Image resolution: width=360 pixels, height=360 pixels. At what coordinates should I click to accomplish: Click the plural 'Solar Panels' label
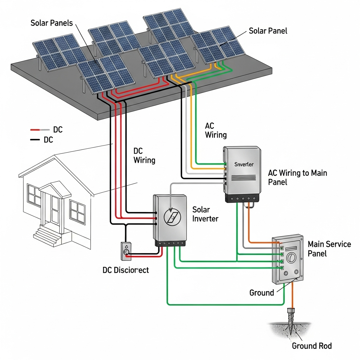(52, 23)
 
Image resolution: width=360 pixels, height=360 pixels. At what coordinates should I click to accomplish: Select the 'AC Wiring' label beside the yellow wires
(216, 130)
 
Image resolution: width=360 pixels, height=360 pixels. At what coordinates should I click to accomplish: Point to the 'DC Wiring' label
(144, 156)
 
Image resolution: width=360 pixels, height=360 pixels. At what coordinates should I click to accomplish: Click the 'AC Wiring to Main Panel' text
(297, 177)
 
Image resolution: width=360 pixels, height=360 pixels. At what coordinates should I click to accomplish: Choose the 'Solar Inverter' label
(205, 214)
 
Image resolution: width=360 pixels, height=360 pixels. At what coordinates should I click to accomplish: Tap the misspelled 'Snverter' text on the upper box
(244, 164)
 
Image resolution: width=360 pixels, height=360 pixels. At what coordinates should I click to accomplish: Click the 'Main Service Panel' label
(329, 249)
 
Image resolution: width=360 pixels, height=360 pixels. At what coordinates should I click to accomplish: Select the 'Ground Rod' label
(311, 346)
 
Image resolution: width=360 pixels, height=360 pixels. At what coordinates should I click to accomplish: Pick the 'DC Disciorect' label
(126, 270)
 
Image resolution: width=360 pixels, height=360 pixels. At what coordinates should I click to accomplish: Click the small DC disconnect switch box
(126, 251)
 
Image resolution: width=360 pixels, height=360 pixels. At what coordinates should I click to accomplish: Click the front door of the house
(55, 211)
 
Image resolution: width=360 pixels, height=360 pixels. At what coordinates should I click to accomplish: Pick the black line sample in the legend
(35, 140)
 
